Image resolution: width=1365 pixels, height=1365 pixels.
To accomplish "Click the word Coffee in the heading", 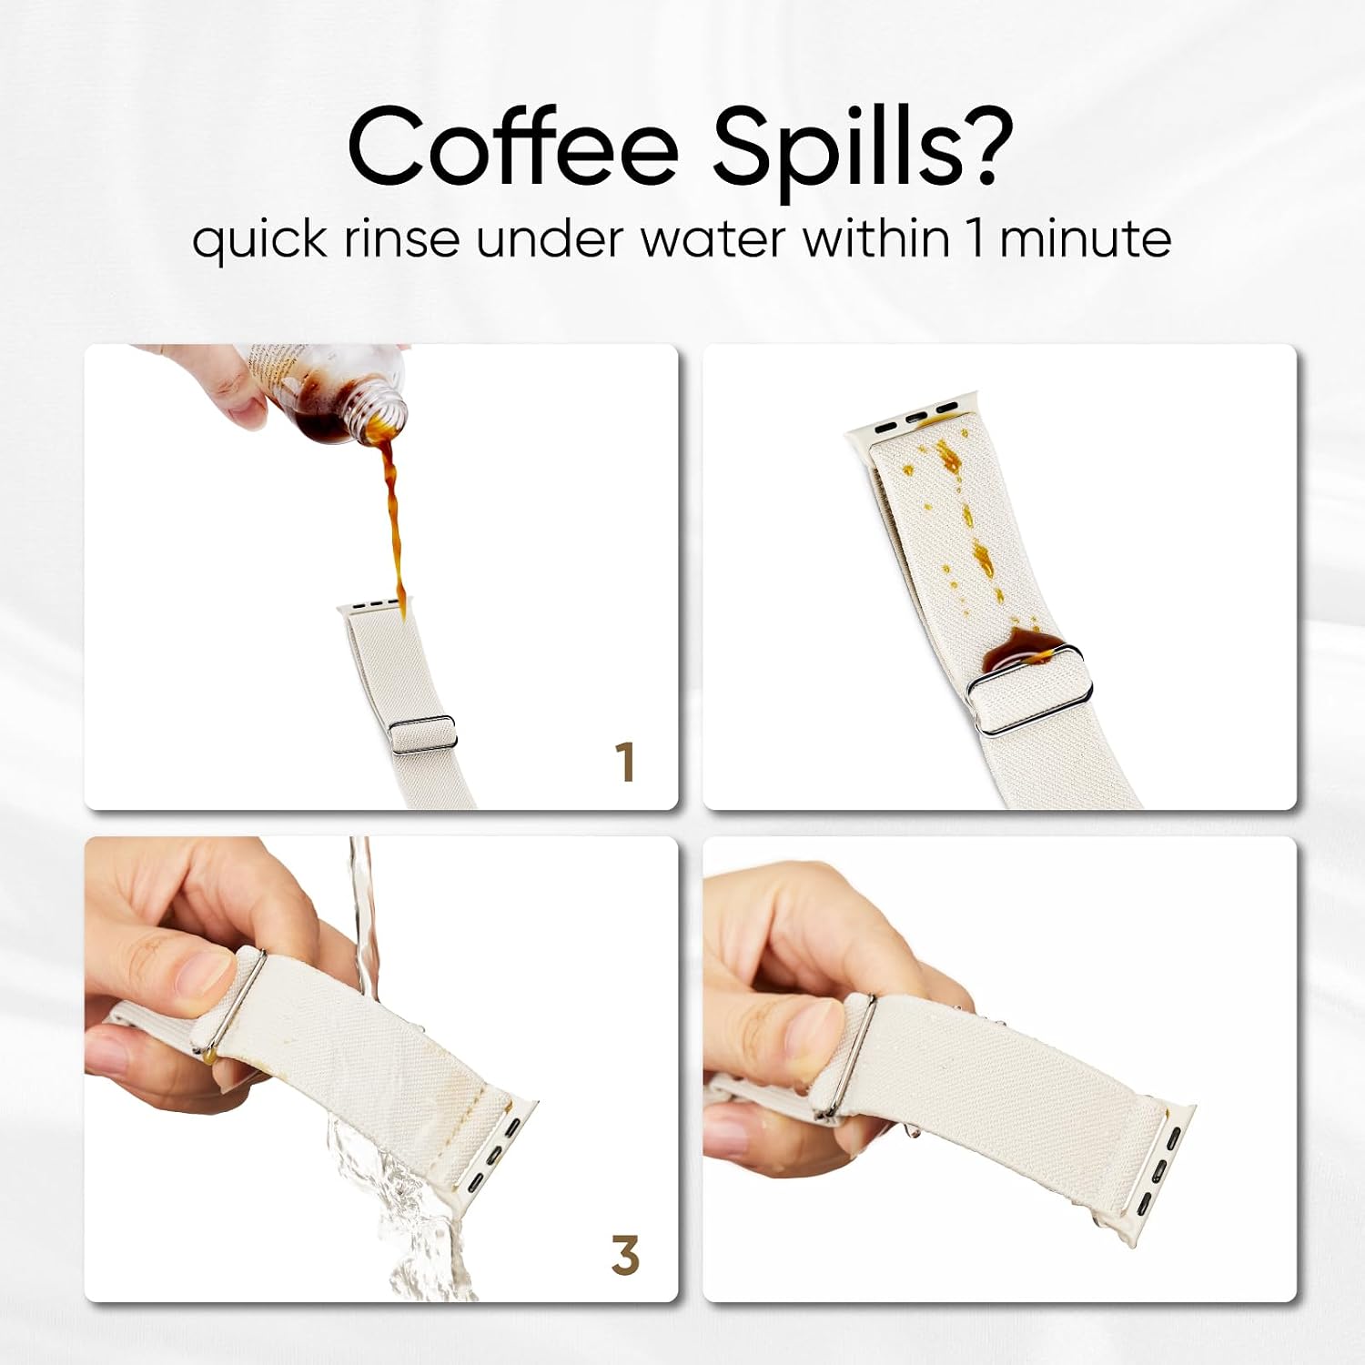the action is click(512, 146).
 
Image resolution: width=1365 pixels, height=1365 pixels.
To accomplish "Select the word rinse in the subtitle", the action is click(400, 240).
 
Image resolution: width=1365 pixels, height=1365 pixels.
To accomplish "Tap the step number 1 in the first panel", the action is click(624, 762).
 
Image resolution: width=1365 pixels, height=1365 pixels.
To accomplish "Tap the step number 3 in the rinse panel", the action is click(624, 1255).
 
